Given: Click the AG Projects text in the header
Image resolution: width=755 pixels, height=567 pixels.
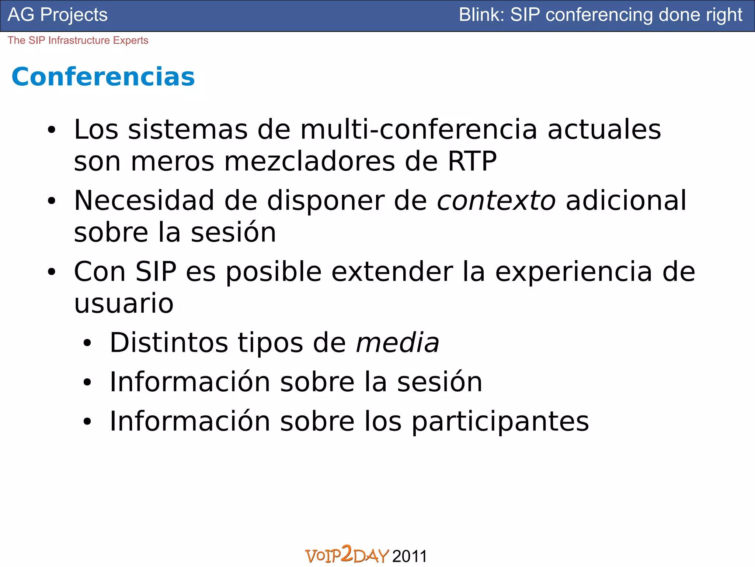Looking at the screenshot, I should pos(58,15).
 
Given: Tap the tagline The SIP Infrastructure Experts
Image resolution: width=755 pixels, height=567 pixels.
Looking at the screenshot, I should pos(78,40).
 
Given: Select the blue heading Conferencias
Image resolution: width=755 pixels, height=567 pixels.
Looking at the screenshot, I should pos(103,77).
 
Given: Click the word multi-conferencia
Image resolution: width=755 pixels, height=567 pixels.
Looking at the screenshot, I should pos(419,130).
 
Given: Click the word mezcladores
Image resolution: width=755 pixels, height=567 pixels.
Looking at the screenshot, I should pos(309,162).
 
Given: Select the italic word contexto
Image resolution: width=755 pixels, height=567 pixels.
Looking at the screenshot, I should pos(496,201).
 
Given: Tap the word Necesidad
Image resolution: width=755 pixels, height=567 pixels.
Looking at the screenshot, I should pos(144,201).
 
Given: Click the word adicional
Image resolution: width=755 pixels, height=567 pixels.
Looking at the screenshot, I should pos(626,201).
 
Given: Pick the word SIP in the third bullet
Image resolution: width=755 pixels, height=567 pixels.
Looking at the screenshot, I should pos(156,272).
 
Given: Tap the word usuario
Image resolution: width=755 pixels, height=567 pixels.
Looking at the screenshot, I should pos(123,303).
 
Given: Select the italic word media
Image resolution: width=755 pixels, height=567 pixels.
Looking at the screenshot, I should pos(397,343).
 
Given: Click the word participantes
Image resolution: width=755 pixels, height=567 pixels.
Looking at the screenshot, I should pos(500,422).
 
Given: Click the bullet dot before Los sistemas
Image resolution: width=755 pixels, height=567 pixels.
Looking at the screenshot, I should pos(52,130).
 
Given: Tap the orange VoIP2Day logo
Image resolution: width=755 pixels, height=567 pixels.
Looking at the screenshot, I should pos(347,555).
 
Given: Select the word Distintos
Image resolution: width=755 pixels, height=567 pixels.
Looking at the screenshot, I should pos(169,343).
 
